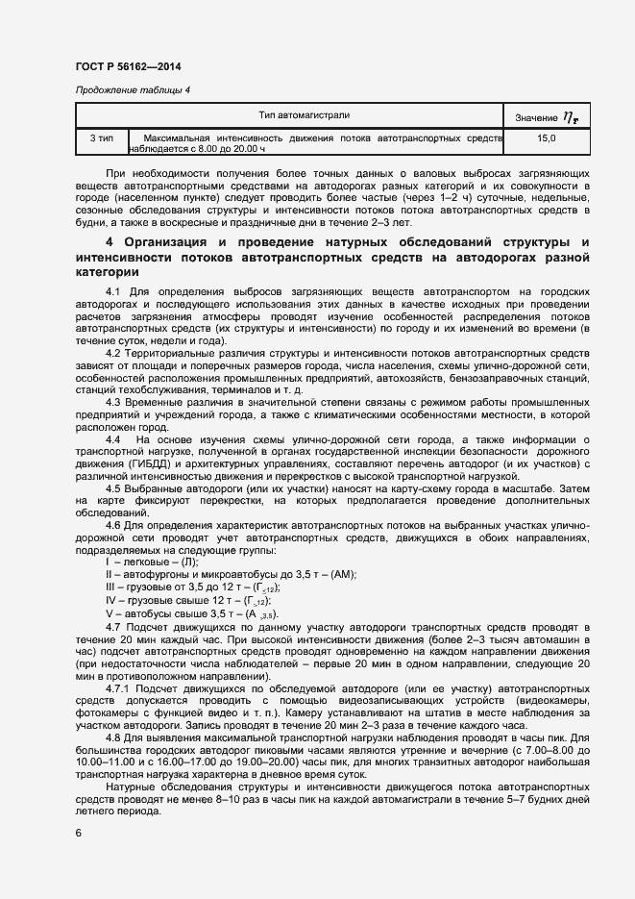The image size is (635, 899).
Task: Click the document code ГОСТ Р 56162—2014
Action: [x=127, y=66]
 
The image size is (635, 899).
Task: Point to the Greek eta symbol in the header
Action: [x=572, y=117]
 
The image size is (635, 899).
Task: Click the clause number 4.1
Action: [x=115, y=290]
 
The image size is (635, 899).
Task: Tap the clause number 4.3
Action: [x=115, y=402]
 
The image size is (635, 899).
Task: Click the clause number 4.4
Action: [x=115, y=439]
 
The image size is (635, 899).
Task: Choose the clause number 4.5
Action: [x=115, y=489]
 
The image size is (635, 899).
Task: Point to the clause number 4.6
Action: [x=115, y=526]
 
